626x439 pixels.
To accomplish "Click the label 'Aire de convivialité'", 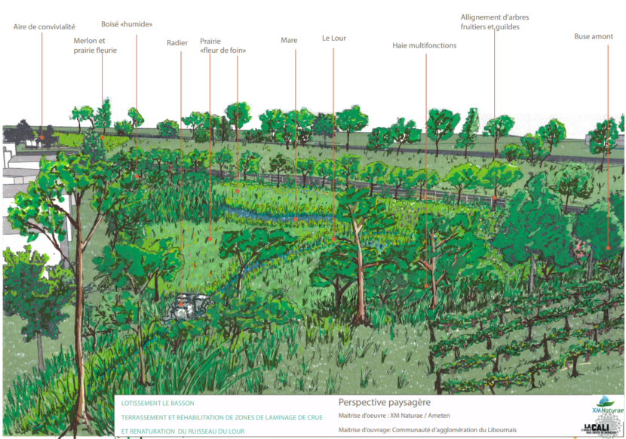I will click(44, 27).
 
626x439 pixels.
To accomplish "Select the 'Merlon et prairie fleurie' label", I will click(95, 45).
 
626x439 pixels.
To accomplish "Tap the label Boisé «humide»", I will click(127, 24).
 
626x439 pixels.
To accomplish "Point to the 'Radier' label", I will click(177, 43).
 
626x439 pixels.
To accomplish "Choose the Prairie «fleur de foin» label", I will click(223, 45).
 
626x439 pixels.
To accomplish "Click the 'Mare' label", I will click(289, 40).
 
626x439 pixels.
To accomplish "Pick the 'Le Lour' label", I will click(333, 38).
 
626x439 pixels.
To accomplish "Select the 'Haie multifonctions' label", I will click(424, 45).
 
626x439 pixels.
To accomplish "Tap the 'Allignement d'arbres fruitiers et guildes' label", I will click(489, 22).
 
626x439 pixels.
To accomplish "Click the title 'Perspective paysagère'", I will click(384, 403).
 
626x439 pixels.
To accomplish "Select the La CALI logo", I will click(601, 427).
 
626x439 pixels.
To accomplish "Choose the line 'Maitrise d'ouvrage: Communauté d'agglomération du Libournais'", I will click(427, 430).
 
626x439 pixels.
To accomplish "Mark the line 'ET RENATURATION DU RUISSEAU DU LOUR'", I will click(183, 431).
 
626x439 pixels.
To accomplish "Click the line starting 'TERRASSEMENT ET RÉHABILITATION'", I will click(222, 417).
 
